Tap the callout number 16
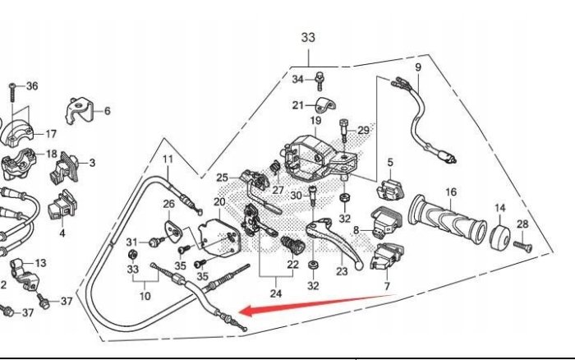tap(450, 192)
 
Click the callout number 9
tap(417, 67)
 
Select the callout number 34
tap(298, 79)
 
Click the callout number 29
tap(363, 131)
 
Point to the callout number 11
tap(168, 159)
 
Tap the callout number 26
tap(168, 204)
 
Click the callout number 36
tap(33, 86)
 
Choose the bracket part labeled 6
tap(77, 109)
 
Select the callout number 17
tap(50, 134)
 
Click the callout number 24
tap(276, 293)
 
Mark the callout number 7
tap(389, 286)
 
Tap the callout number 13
tap(41, 262)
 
